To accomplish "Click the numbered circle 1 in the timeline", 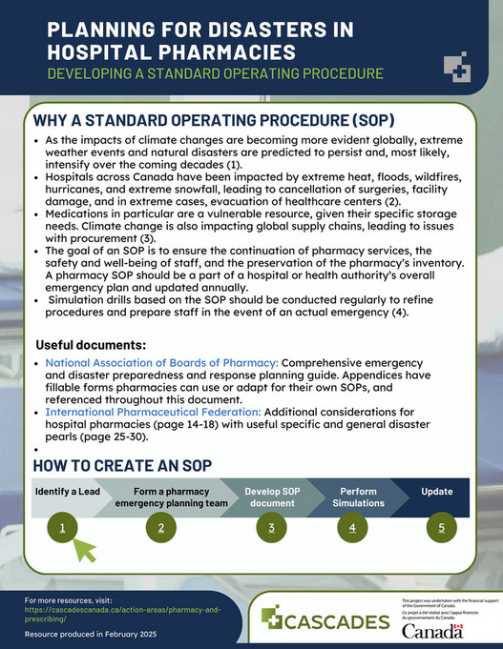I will coord(62,527).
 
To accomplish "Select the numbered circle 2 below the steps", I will coord(161,527).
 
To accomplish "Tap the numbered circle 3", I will coord(272,527).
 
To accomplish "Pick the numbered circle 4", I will coord(352,527).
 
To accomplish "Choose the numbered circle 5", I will coord(441,527).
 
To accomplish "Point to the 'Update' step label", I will coord(437,492).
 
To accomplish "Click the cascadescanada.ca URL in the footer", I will coord(124,613).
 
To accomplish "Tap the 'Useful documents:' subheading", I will coord(90,343).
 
